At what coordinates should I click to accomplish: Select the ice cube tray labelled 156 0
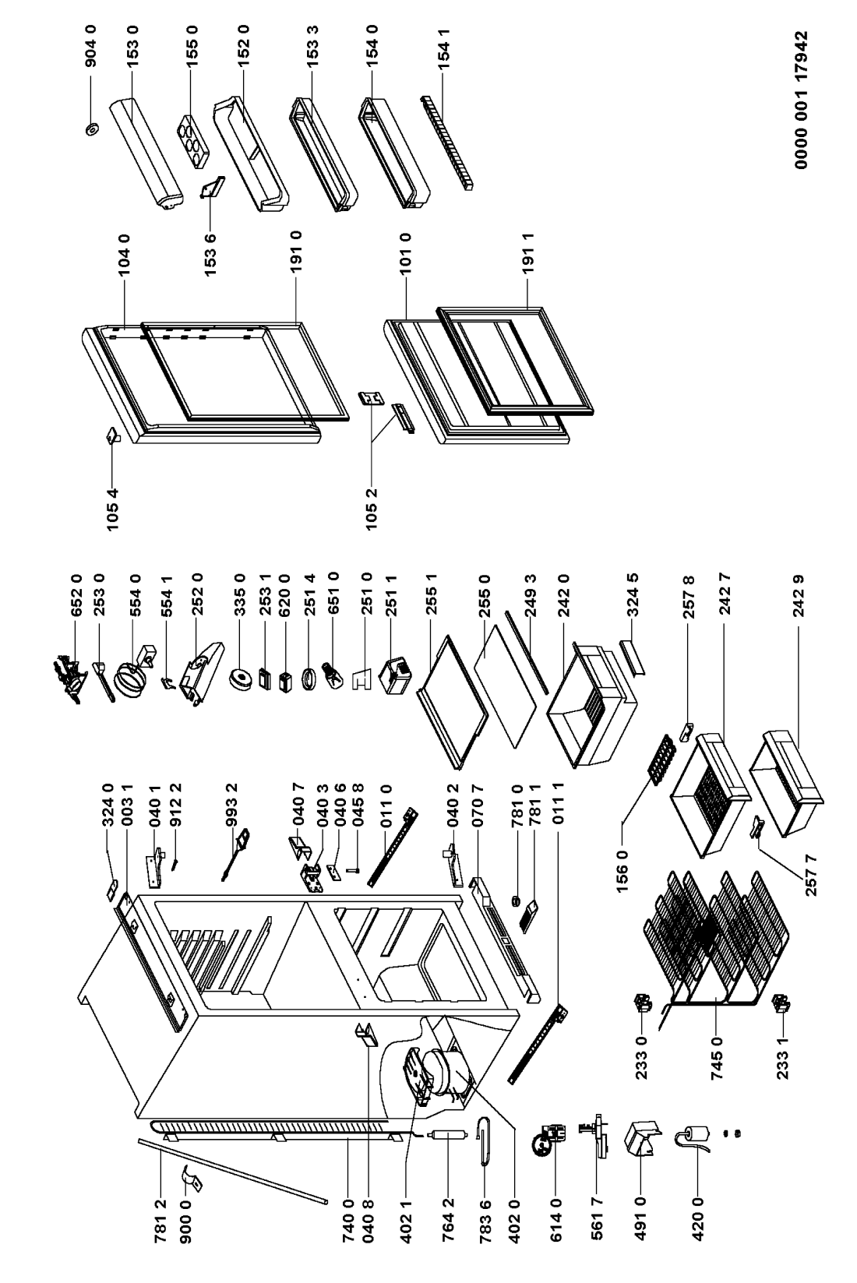[x=658, y=753]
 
